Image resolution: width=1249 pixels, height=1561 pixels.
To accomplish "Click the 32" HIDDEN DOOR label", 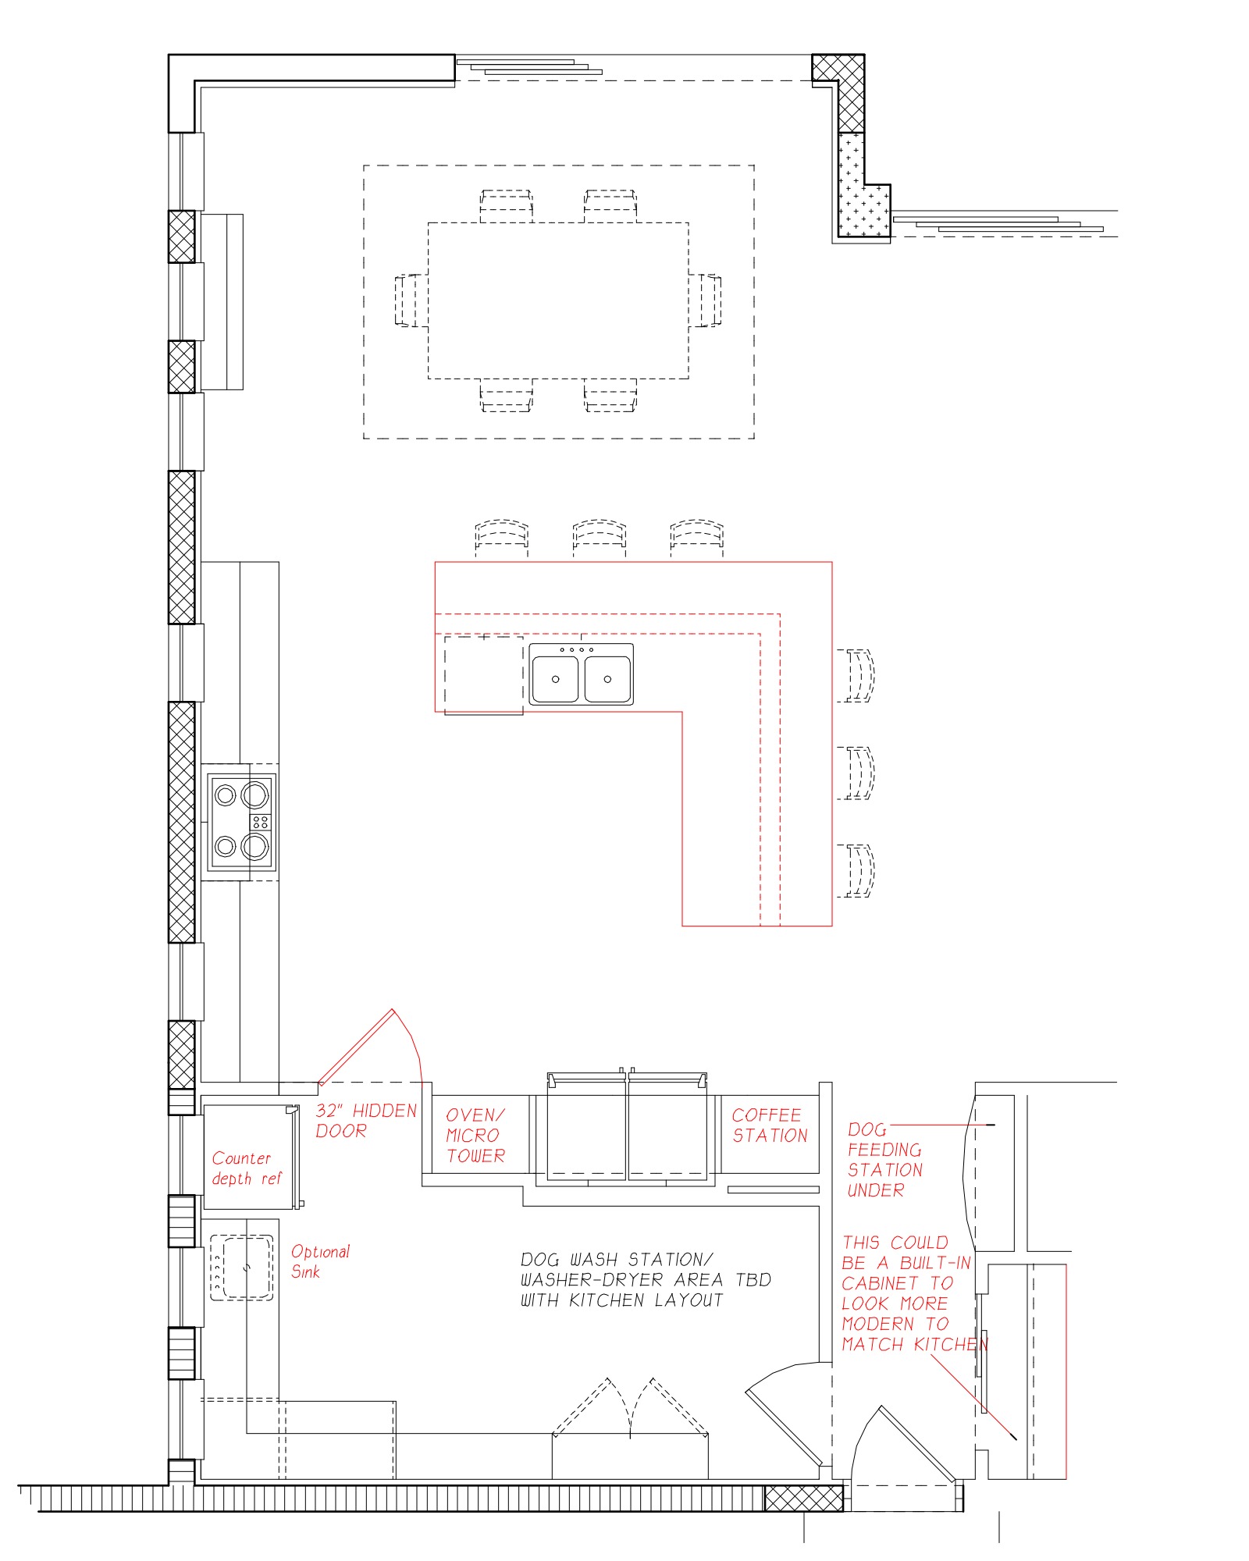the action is pos(366,1121).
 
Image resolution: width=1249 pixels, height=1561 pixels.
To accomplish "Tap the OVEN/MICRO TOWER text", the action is pos(475,1136).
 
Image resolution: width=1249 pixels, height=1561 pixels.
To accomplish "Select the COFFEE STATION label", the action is pos(770,1125).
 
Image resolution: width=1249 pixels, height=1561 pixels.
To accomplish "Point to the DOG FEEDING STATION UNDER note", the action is pos(884,1160).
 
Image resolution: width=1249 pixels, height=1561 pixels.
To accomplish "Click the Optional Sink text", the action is pos(320,1261).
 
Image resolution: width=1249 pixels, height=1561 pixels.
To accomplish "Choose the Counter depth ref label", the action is pos(246,1168).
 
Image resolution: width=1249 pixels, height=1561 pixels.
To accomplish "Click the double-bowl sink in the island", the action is pos(582,674).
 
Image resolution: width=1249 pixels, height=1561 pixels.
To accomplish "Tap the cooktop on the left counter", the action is pos(241,822).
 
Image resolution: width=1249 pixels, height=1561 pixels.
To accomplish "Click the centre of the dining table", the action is pos(558,300).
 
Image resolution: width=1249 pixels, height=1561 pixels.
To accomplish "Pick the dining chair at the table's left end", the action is pos(411,300).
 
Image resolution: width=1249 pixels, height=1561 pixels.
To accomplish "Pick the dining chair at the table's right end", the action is pos(705,300).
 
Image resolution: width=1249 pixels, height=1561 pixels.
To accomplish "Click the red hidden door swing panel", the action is pos(357,1046).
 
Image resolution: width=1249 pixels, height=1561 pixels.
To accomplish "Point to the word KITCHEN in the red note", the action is pos(951,1345).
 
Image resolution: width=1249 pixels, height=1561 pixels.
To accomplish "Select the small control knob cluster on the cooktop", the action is pos(260,822).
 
